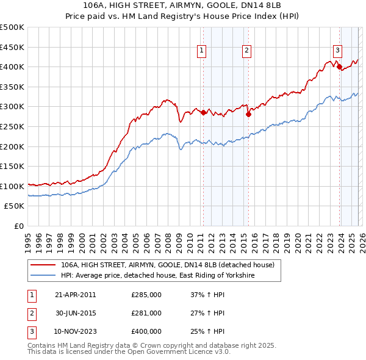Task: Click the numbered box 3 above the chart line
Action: click(x=337, y=51)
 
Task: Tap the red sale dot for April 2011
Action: click(x=203, y=112)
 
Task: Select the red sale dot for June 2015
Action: click(x=248, y=114)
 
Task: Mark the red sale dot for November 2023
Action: click(x=339, y=67)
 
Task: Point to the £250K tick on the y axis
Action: click(x=13, y=126)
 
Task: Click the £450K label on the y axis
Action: click(x=13, y=46)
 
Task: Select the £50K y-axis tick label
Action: click(x=15, y=206)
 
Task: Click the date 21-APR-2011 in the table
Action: click(x=75, y=295)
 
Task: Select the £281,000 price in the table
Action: click(x=146, y=313)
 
